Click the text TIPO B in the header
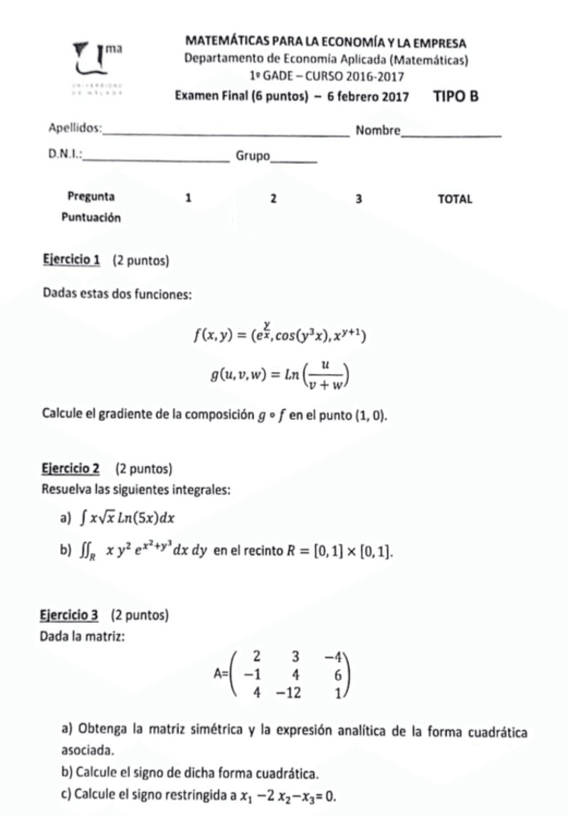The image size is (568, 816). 456,96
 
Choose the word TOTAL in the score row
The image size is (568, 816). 455,198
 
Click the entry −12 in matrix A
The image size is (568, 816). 287,692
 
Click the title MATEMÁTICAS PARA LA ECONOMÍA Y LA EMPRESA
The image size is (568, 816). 326,43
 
